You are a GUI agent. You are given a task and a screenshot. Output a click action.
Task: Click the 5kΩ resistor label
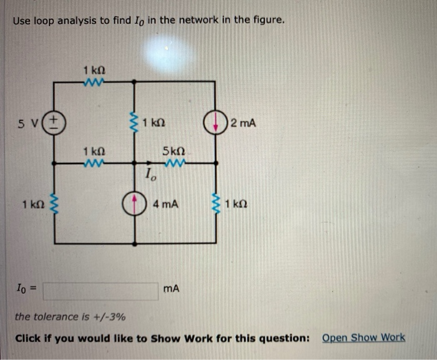(173, 151)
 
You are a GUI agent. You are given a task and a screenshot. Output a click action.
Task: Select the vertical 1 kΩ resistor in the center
(135, 122)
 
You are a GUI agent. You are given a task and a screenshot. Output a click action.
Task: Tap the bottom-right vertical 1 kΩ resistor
(217, 203)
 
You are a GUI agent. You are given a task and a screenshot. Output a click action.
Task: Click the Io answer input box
(100, 291)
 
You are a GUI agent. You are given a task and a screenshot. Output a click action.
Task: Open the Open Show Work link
(363, 338)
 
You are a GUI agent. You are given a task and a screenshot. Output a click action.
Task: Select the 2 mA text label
(243, 123)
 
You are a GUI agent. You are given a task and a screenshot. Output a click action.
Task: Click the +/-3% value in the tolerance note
(112, 317)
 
